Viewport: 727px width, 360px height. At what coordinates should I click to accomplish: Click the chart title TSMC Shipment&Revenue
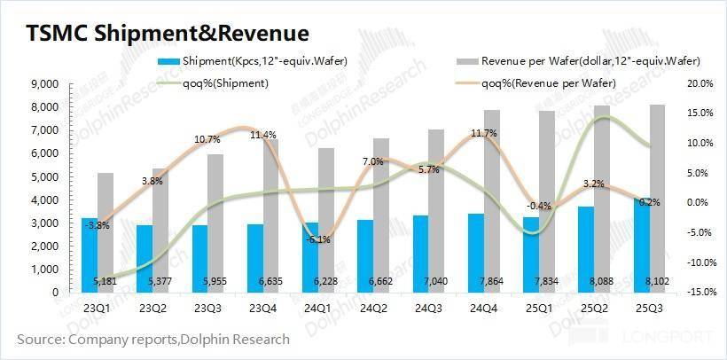coord(168,33)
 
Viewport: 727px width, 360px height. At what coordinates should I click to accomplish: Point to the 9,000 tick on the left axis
coord(43,83)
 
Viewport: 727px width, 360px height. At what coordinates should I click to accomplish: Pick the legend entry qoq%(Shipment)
coord(226,82)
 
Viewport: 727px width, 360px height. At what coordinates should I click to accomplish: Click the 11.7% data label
coord(482,133)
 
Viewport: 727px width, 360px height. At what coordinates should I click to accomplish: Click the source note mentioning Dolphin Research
coord(152,339)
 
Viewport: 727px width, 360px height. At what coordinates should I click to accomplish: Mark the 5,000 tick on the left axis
coord(43,176)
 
